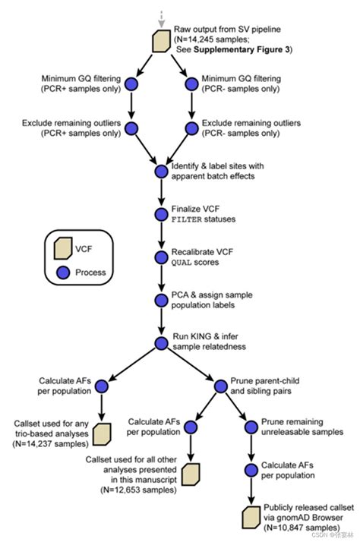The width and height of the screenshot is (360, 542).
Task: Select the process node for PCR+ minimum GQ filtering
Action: coord(131,84)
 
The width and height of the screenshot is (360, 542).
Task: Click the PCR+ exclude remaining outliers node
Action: coord(131,128)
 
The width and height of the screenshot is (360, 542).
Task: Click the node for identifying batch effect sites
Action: coord(160,172)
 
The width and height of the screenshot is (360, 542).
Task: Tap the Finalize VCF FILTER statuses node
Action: coord(160,214)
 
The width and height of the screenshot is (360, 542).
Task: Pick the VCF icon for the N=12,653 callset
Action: coord(191,474)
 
